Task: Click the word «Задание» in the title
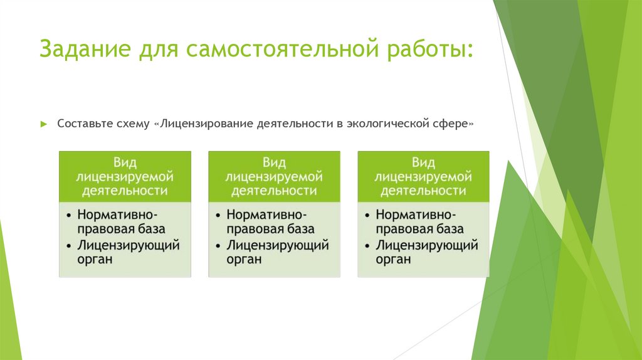pos(85,48)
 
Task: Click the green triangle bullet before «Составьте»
pos(45,124)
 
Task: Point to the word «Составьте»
pos(83,124)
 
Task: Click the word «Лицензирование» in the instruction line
pos(206,124)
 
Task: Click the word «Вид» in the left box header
pos(125,162)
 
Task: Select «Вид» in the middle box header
pos(274,162)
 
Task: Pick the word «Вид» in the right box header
pos(423,162)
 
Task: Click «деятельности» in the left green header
pos(125,191)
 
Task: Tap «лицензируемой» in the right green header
pos(423,177)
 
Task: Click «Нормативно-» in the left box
pos(117,214)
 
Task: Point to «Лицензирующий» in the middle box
pos(278,245)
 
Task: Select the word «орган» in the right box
pos(393,260)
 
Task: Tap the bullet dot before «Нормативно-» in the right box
pos(367,215)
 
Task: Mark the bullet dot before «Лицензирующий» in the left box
pos(68,246)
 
